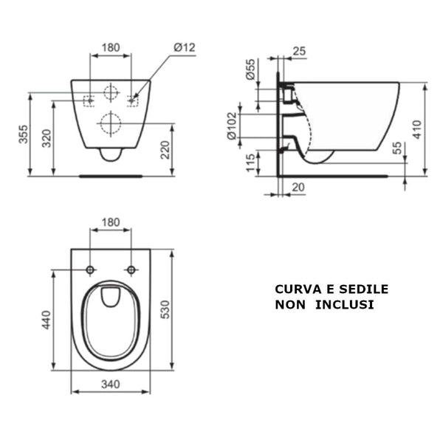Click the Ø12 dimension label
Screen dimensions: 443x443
coord(185,47)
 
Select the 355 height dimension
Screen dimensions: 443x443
coord(24,134)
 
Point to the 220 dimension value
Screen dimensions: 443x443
coord(165,150)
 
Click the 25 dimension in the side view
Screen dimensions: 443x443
coord(299,50)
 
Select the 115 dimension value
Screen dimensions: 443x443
coord(250,162)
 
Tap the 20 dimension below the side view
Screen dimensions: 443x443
coord(298,188)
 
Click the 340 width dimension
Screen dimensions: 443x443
coord(110,384)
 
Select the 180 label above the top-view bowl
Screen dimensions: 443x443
coord(110,222)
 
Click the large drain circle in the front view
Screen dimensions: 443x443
coord(111,124)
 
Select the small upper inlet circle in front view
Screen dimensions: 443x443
coord(111,92)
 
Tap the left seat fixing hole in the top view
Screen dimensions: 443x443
coord(90,269)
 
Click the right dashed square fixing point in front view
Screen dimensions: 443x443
coord(133,100)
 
